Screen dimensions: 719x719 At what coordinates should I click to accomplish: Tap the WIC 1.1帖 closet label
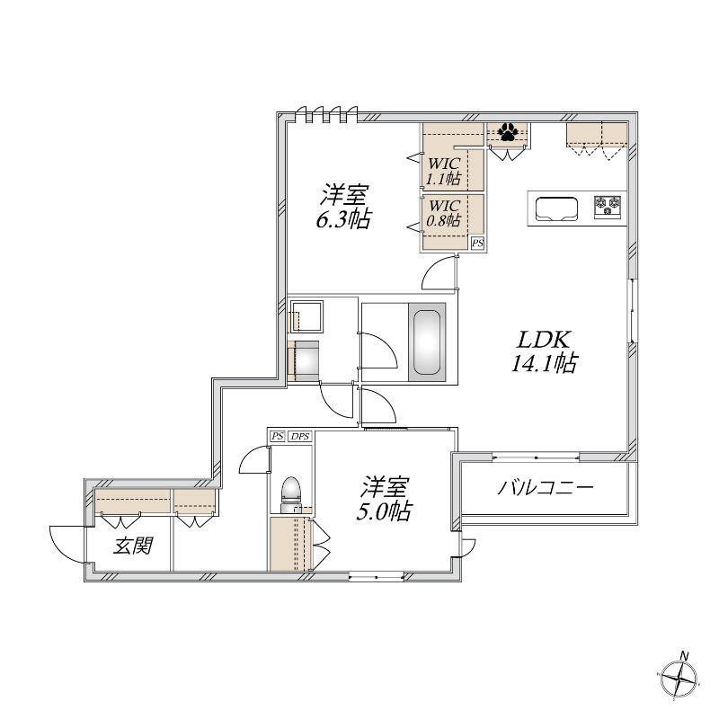tap(444, 171)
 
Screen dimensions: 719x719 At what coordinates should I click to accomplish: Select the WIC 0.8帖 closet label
tap(444, 213)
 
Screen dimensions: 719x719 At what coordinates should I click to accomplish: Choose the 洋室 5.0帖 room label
tap(387, 500)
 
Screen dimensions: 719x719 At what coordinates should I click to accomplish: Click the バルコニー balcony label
tap(546, 490)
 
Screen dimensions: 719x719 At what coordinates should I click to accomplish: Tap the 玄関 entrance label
tap(131, 545)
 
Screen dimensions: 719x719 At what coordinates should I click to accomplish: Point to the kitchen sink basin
tap(557, 209)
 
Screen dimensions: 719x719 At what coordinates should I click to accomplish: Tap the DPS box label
tap(299, 437)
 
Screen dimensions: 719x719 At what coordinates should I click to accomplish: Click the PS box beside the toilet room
tap(278, 437)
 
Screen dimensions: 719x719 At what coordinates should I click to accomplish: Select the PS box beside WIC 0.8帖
tap(477, 243)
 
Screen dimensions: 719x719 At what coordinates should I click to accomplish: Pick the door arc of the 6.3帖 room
tap(439, 271)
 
